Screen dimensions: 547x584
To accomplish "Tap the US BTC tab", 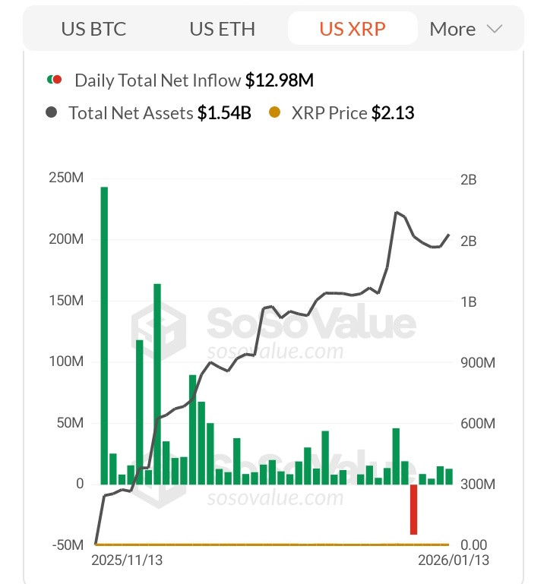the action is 93,29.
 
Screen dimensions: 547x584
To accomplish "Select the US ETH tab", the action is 222,29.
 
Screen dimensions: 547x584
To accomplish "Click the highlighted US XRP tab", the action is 352,29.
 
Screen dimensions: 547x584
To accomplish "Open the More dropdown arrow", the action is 495,29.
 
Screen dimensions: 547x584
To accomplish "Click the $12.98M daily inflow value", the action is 279,80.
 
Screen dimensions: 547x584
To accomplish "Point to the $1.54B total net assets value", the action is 224,113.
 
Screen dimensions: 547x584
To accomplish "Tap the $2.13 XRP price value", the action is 393,113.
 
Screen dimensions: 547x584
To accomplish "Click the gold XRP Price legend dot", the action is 274,112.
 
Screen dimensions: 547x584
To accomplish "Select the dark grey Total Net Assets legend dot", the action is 51,112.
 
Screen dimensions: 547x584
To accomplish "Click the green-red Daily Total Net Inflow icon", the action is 55,79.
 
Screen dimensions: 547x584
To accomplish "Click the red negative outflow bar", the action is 413,509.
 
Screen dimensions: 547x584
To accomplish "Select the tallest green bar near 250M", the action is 104,336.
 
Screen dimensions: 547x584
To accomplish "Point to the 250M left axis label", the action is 66,178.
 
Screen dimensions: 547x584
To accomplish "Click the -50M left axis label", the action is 68,545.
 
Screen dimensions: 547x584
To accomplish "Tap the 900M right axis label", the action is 478,362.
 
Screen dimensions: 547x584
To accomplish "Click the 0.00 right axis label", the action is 474,545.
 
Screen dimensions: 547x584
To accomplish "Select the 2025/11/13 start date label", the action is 127,560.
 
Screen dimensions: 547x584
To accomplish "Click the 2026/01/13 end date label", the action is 454,560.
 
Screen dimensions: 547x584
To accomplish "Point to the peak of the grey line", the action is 397,213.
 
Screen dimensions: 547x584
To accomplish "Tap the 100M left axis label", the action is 66,361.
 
